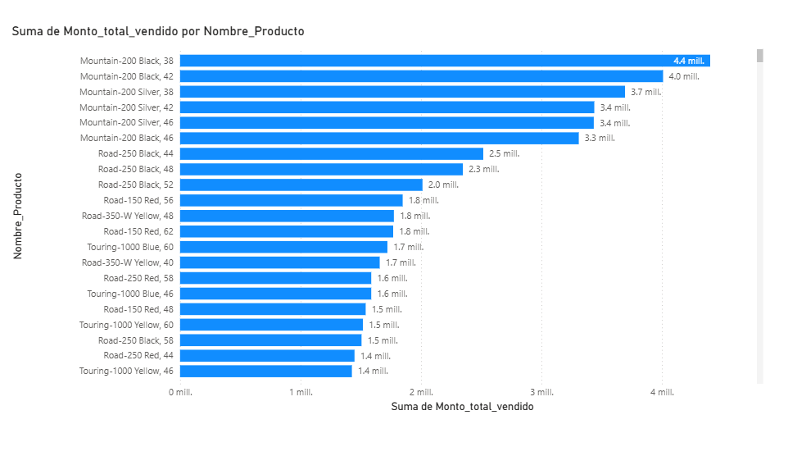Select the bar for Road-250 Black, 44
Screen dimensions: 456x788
point(332,153)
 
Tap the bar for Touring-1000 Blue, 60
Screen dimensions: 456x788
point(283,247)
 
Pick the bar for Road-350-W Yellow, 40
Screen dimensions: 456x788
point(280,262)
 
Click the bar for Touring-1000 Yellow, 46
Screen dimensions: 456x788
point(266,371)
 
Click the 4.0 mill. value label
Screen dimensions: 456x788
point(684,76)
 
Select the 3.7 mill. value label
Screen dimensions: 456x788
point(645,92)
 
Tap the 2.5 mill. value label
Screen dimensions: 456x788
point(505,153)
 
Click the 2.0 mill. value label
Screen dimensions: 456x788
point(443,185)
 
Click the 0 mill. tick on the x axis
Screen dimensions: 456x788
point(180,392)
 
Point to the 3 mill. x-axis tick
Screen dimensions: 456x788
point(541,392)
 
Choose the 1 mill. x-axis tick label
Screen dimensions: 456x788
point(301,392)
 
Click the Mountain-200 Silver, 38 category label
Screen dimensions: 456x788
point(126,92)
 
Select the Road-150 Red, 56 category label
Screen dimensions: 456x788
point(138,200)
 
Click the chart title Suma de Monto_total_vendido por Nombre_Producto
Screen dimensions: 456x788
point(158,31)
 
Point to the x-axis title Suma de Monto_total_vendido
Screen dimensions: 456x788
point(463,407)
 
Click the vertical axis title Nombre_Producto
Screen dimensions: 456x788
point(18,216)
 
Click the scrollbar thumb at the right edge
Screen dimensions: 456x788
point(759,56)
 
